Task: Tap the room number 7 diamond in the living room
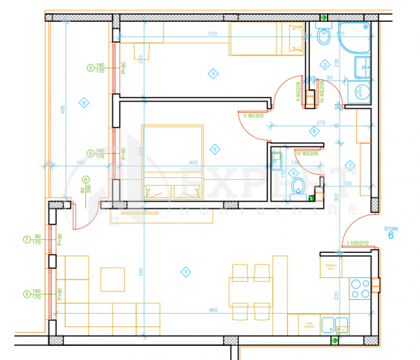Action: pos(185,271)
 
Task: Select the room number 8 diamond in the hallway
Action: pos(314,131)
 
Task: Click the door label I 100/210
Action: pos(357,242)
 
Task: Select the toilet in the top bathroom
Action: pos(323,36)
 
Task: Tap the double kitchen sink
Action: pos(334,324)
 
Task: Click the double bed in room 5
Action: pos(173,162)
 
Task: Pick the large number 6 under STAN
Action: pos(391,235)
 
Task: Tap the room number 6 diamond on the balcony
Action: pos(83,104)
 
